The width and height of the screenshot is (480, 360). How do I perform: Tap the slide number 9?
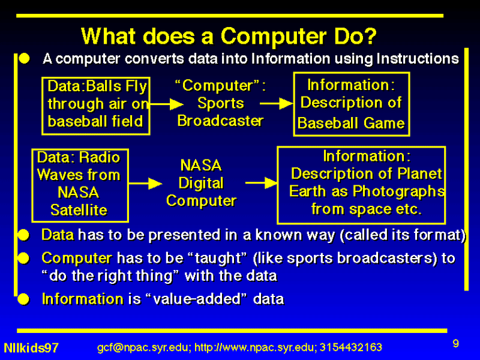(x=456, y=343)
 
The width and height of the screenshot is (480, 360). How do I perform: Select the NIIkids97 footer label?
(x=31, y=348)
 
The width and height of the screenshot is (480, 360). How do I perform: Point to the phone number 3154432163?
(x=351, y=347)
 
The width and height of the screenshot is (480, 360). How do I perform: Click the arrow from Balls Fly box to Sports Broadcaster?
(x=167, y=104)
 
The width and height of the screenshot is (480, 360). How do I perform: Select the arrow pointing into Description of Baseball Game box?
(x=277, y=103)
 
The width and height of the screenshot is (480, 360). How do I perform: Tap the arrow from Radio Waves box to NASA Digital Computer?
(x=145, y=184)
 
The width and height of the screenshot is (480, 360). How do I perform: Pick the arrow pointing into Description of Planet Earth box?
(x=262, y=183)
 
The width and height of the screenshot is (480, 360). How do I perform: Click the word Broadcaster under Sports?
(x=220, y=121)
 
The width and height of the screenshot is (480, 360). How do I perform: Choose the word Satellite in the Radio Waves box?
(x=79, y=210)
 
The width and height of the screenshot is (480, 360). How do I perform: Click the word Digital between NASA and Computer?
(x=201, y=184)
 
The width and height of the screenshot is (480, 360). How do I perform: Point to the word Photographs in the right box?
(x=398, y=191)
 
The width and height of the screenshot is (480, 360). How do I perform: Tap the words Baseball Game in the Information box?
(x=351, y=123)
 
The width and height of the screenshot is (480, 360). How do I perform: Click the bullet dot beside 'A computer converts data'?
(x=25, y=58)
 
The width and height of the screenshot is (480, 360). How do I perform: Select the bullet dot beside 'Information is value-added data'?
(x=23, y=299)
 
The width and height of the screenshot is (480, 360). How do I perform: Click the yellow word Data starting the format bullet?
(x=58, y=235)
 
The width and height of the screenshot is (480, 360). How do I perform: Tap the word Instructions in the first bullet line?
(x=418, y=58)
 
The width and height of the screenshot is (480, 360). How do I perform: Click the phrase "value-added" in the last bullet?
(x=196, y=299)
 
